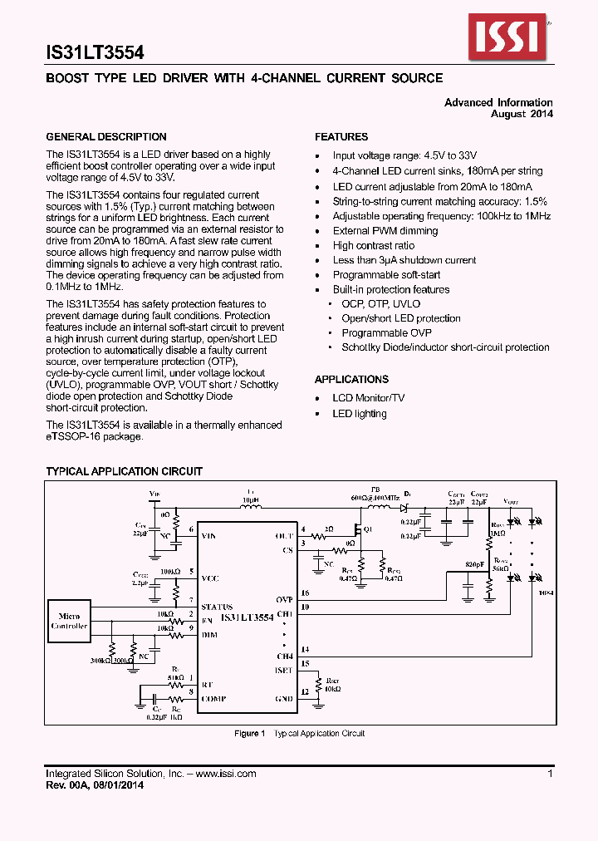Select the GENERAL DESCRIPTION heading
[105, 137]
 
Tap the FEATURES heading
[341, 137]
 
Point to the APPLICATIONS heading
[351, 379]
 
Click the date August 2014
[522, 114]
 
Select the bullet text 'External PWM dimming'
[385, 231]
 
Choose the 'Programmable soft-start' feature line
[386, 275]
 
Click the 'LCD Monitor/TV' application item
[368, 398]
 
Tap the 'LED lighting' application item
[359, 414]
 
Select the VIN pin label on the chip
[210, 536]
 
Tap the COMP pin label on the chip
[213, 699]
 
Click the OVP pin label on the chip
[284, 599]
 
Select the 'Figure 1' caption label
[249, 733]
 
